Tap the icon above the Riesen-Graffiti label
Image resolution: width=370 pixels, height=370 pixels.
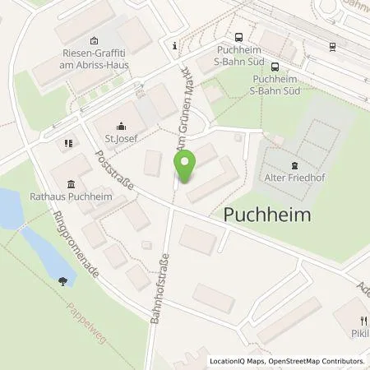tap(93, 40)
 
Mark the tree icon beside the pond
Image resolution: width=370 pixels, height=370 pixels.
tap(63, 281)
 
